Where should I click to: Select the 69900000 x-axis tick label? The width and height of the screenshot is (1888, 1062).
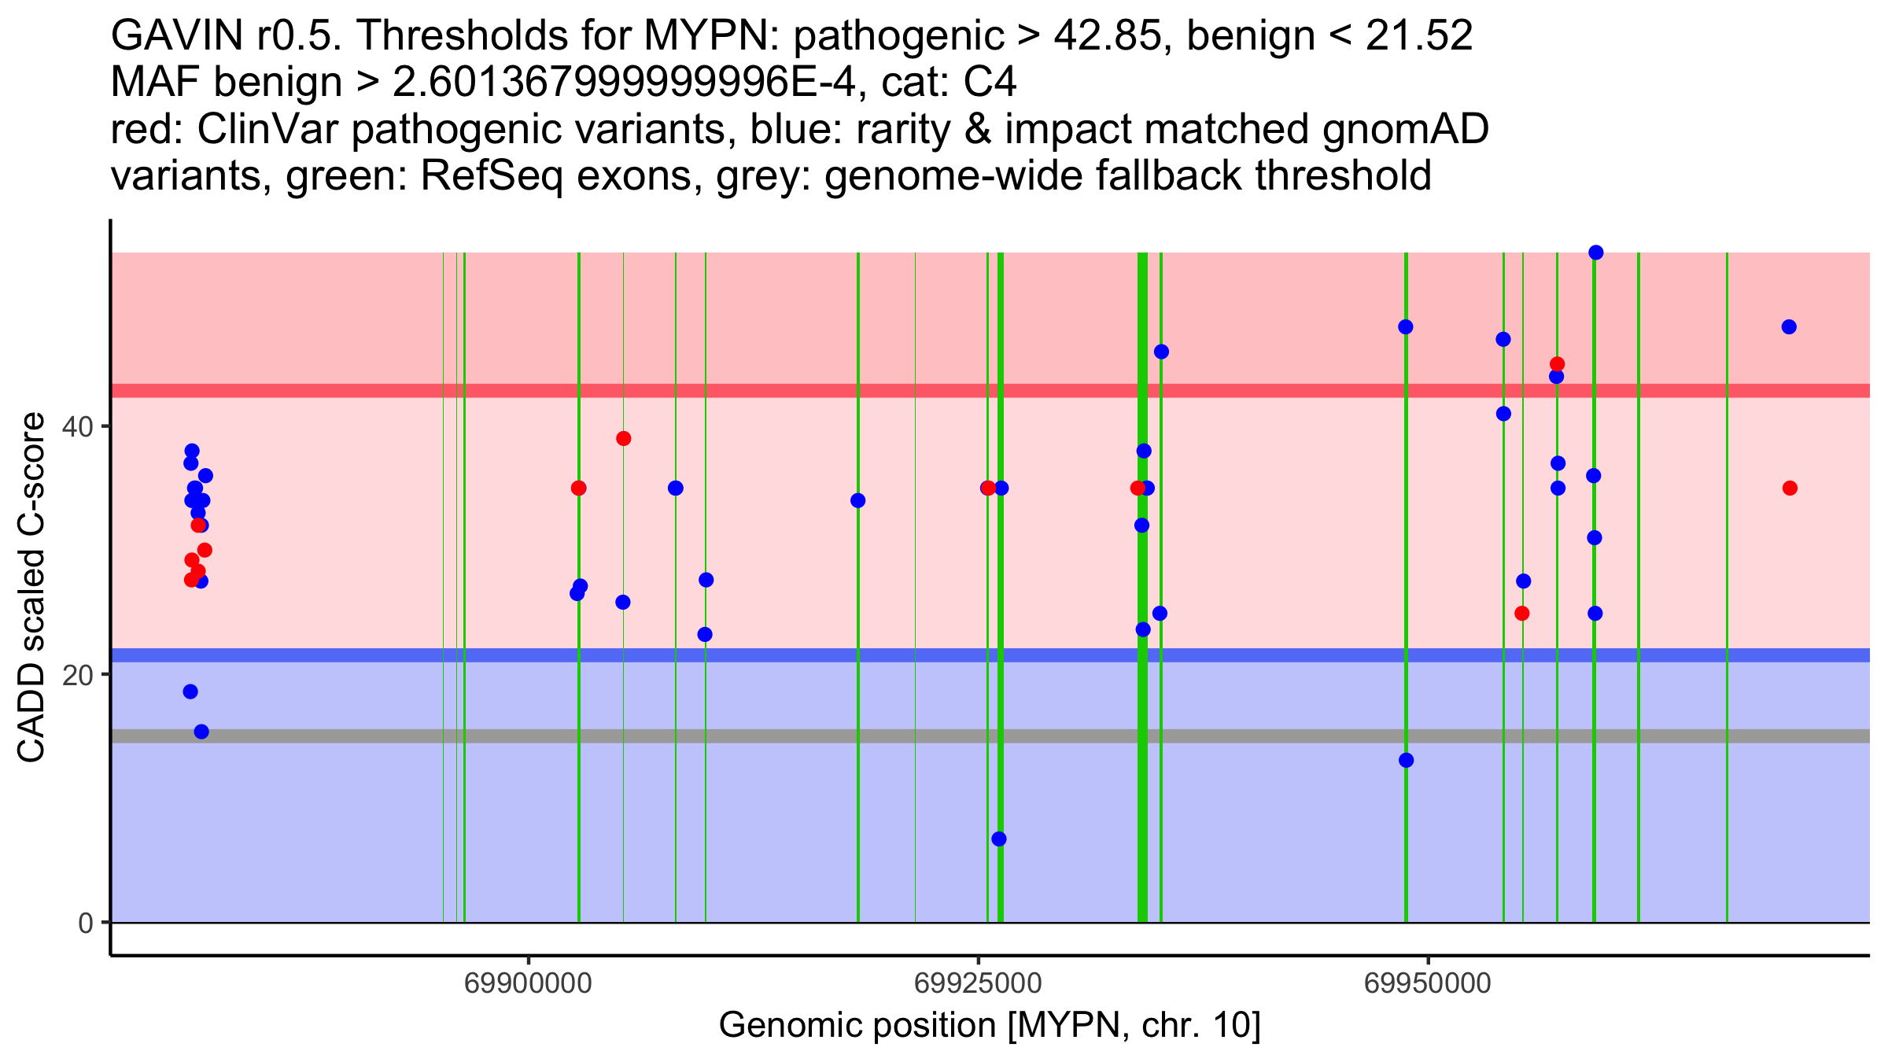click(x=528, y=983)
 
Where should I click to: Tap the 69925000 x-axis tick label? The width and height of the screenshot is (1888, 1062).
click(x=978, y=983)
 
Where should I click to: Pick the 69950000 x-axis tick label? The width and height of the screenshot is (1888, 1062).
click(x=1427, y=983)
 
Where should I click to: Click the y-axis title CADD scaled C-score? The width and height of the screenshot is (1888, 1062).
click(x=31, y=590)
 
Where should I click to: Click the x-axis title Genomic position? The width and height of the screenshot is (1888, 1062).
click(x=989, y=1026)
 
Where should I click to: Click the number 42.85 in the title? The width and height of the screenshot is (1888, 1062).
click(x=1113, y=36)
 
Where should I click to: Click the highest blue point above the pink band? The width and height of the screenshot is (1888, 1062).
click(x=1595, y=253)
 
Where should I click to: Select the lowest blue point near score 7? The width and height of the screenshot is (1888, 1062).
click(x=998, y=839)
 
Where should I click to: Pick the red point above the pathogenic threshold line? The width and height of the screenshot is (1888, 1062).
click(x=1557, y=364)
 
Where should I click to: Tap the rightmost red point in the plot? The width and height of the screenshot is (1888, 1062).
click(x=1790, y=488)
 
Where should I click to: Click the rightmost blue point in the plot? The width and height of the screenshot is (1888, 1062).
click(x=1789, y=327)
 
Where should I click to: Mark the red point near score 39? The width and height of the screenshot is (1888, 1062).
click(x=623, y=438)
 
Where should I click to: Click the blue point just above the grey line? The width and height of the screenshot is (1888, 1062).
click(x=201, y=732)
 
